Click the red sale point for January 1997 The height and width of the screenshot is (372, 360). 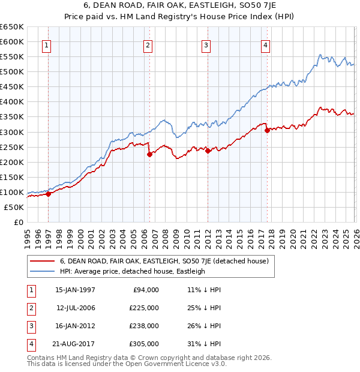[49, 194]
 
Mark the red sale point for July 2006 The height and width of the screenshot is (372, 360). [149, 154]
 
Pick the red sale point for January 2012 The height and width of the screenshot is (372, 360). [208, 151]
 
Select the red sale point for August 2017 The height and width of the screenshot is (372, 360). [267, 130]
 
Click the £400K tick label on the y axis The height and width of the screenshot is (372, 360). [12, 102]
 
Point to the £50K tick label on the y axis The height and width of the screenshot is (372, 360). [14, 207]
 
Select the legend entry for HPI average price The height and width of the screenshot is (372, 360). [132, 271]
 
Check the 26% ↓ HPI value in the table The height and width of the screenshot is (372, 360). [204, 326]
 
